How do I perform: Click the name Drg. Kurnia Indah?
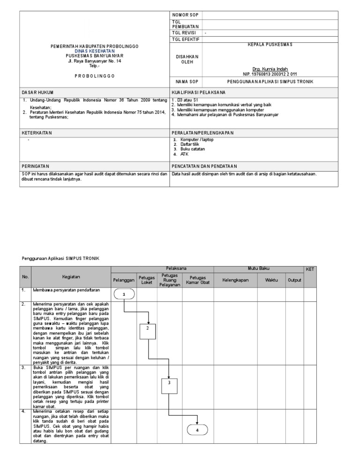pos(269,69)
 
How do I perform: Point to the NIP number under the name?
pos(269,74)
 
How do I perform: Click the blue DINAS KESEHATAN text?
pos(94,51)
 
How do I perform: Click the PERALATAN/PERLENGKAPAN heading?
pos(202,133)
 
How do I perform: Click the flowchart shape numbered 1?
pos(124,294)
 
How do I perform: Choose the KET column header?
pos(310,269)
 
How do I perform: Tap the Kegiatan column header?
pos(71,277)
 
